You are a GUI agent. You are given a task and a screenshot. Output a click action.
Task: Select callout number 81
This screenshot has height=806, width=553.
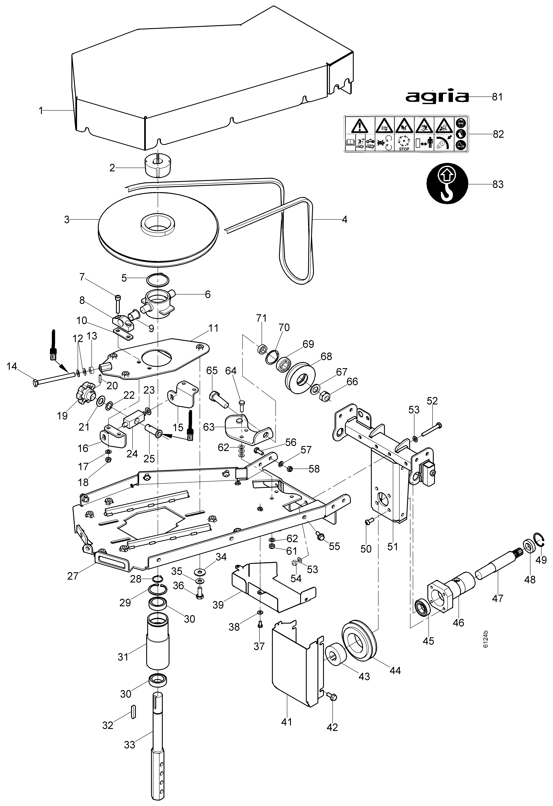[x=497, y=97]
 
